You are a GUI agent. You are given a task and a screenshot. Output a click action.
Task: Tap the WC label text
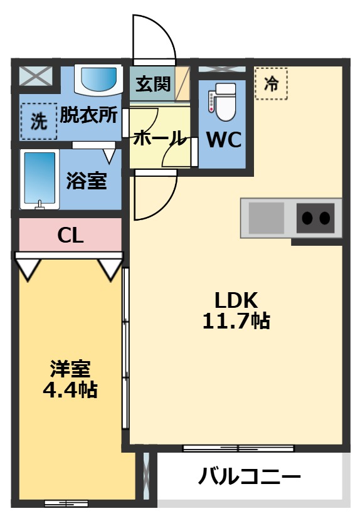(224, 140)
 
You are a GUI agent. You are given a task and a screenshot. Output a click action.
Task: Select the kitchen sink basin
(267, 218)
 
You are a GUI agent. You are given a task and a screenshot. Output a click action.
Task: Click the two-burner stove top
(315, 218)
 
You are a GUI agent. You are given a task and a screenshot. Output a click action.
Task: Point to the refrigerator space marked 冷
(271, 83)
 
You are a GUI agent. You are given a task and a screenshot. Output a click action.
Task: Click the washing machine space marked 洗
(39, 121)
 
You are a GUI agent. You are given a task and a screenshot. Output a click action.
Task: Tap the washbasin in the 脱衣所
(98, 80)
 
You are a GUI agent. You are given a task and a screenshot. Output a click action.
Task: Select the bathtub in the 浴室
(40, 179)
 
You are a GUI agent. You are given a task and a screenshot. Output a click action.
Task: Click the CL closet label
(70, 236)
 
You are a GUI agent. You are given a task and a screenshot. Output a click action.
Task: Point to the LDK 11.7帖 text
(236, 310)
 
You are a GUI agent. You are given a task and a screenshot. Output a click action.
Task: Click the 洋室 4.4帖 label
(70, 379)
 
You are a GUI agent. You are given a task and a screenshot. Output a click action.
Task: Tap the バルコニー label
(250, 477)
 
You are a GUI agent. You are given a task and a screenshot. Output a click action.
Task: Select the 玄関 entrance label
(153, 84)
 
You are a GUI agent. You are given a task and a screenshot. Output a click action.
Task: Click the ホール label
(159, 138)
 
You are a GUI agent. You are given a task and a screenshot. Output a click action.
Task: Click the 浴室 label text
(87, 181)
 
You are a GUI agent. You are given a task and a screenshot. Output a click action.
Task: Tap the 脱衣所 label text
(89, 115)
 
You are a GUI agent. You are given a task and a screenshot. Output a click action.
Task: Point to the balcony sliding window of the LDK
(238, 448)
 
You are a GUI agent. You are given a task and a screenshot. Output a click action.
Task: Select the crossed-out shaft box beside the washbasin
(36, 76)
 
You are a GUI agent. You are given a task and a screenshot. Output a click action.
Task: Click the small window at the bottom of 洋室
(66, 503)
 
